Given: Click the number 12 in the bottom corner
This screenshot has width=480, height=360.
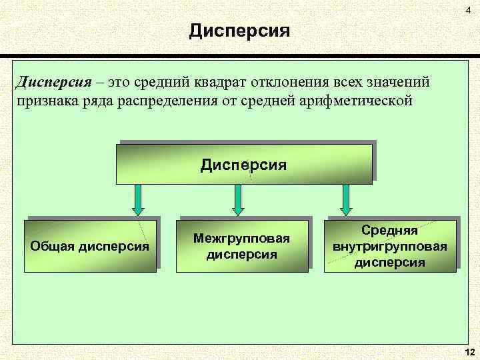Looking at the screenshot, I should coord(468,351).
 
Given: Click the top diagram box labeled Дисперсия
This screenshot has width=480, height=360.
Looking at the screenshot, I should coord(244,164).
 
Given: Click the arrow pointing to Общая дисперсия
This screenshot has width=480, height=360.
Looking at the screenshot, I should coord(137,199).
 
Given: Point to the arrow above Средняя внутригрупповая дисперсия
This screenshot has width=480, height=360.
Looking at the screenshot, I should coord(345,199).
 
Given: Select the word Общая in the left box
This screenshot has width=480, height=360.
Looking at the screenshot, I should coord(53,245).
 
